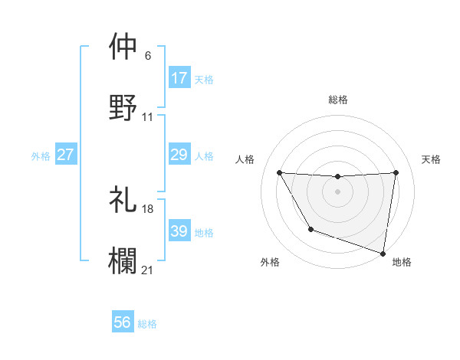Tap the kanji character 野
pyautogui.click(x=123, y=106)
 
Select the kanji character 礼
pyautogui.click(x=123, y=198)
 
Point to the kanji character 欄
pyautogui.click(x=123, y=260)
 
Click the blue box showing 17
pyautogui.click(x=179, y=78)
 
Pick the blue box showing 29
pyautogui.click(x=179, y=155)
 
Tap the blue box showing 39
pyautogui.click(x=179, y=231)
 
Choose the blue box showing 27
pyautogui.click(x=66, y=155)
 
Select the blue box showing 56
pyautogui.click(x=123, y=323)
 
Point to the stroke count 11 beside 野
pyautogui.click(x=148, y=116)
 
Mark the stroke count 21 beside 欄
pyautogui.click(x=148, y=270)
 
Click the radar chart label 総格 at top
pyautogui.click(x=338, y=100)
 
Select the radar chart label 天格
pyautogui.click(x=431, y=159)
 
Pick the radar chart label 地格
pyautogui.click(x=402, y=262)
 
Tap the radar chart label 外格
pyautogui.click(x=270, y=262)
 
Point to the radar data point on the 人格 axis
pyautogui.click(x=279, y=172)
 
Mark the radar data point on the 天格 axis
pyautogui.click(x=396, y=172)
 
